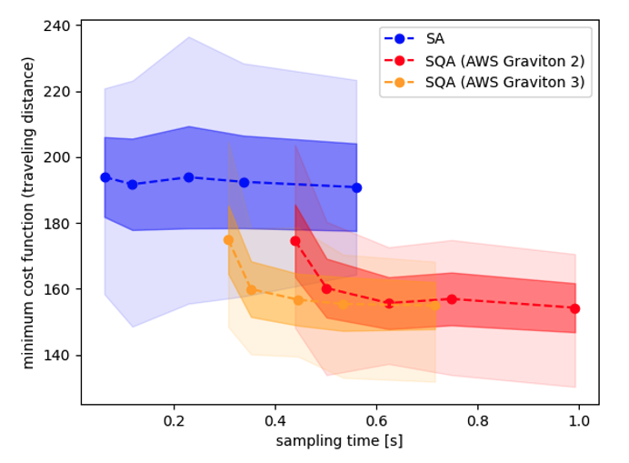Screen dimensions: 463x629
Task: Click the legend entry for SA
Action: click(434, 39)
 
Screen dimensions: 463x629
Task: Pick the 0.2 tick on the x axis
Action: click(174, 421)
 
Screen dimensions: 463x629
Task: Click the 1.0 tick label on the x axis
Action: click(578, 421)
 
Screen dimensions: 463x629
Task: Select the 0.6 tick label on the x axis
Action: click(376, 421)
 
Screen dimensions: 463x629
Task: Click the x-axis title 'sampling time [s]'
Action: click(339, 442)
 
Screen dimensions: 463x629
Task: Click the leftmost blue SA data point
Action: click(105, 177)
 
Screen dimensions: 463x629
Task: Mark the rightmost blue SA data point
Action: click(356, 187)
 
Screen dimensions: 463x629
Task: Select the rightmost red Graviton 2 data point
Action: click(574, 308)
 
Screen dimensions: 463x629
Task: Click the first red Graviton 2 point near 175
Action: click(295, 241)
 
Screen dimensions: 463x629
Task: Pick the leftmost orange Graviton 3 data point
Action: click(228, 240)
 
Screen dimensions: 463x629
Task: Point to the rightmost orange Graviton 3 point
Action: click(434, 306)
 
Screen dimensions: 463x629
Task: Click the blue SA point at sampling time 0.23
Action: click(188, 177)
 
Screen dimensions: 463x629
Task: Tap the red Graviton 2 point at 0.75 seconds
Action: click(452, 299)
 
